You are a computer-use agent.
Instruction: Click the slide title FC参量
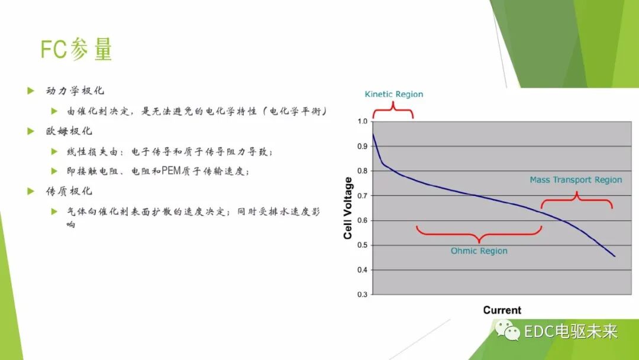[x=76, y=50]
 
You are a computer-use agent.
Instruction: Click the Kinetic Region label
[x=393, y=94]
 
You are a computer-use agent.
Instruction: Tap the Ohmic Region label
[x=479, y=251]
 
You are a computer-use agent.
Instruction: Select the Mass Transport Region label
[x=576, y=180]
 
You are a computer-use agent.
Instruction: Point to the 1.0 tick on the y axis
[x=362, y=122]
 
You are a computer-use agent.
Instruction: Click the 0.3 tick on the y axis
[x=362, y=294]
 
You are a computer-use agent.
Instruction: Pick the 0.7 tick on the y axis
[x=362, y=196]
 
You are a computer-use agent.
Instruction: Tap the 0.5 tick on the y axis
[x=362, y=245]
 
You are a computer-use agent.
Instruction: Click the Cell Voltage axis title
[x=348, y=208]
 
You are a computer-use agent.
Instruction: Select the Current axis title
[x=502, y=310]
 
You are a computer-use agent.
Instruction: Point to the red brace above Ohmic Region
[x=479, y=233]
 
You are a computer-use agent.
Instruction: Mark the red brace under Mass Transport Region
[x=577, y=200]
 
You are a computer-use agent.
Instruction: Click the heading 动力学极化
[x=75, y=91]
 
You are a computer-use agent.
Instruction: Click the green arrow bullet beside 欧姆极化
[x=31, y=131]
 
